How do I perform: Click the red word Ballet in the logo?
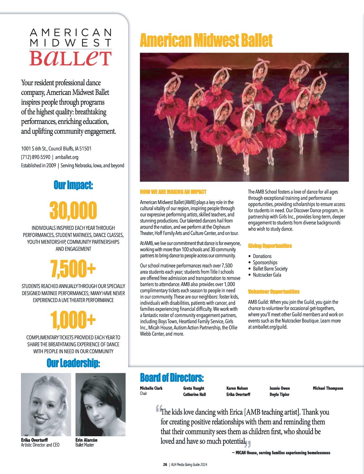click(x=70, y=57)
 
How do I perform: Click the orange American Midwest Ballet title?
click(x=206, y=41)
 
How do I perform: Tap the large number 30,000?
click(x=73, y=210)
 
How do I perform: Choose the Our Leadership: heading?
click(x=73, y=364)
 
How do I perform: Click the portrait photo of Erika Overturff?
click(x=46, y=405)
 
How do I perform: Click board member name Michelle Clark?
click(x=151, y=388)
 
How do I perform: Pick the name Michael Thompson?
click(x=328, y=388)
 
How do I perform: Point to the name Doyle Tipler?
click(x=279, y=394)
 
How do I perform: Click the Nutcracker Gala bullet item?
click(x=267, y=275)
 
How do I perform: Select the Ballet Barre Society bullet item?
click(x=270, y=269)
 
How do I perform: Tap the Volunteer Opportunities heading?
click(x=274, y=292)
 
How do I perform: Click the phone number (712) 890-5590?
click(x=36, y=157)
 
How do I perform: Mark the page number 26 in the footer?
click(x=165, y=465)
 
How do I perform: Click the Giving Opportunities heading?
click(x=270, y=246)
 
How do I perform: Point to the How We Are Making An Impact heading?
click(x=173, y=192)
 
